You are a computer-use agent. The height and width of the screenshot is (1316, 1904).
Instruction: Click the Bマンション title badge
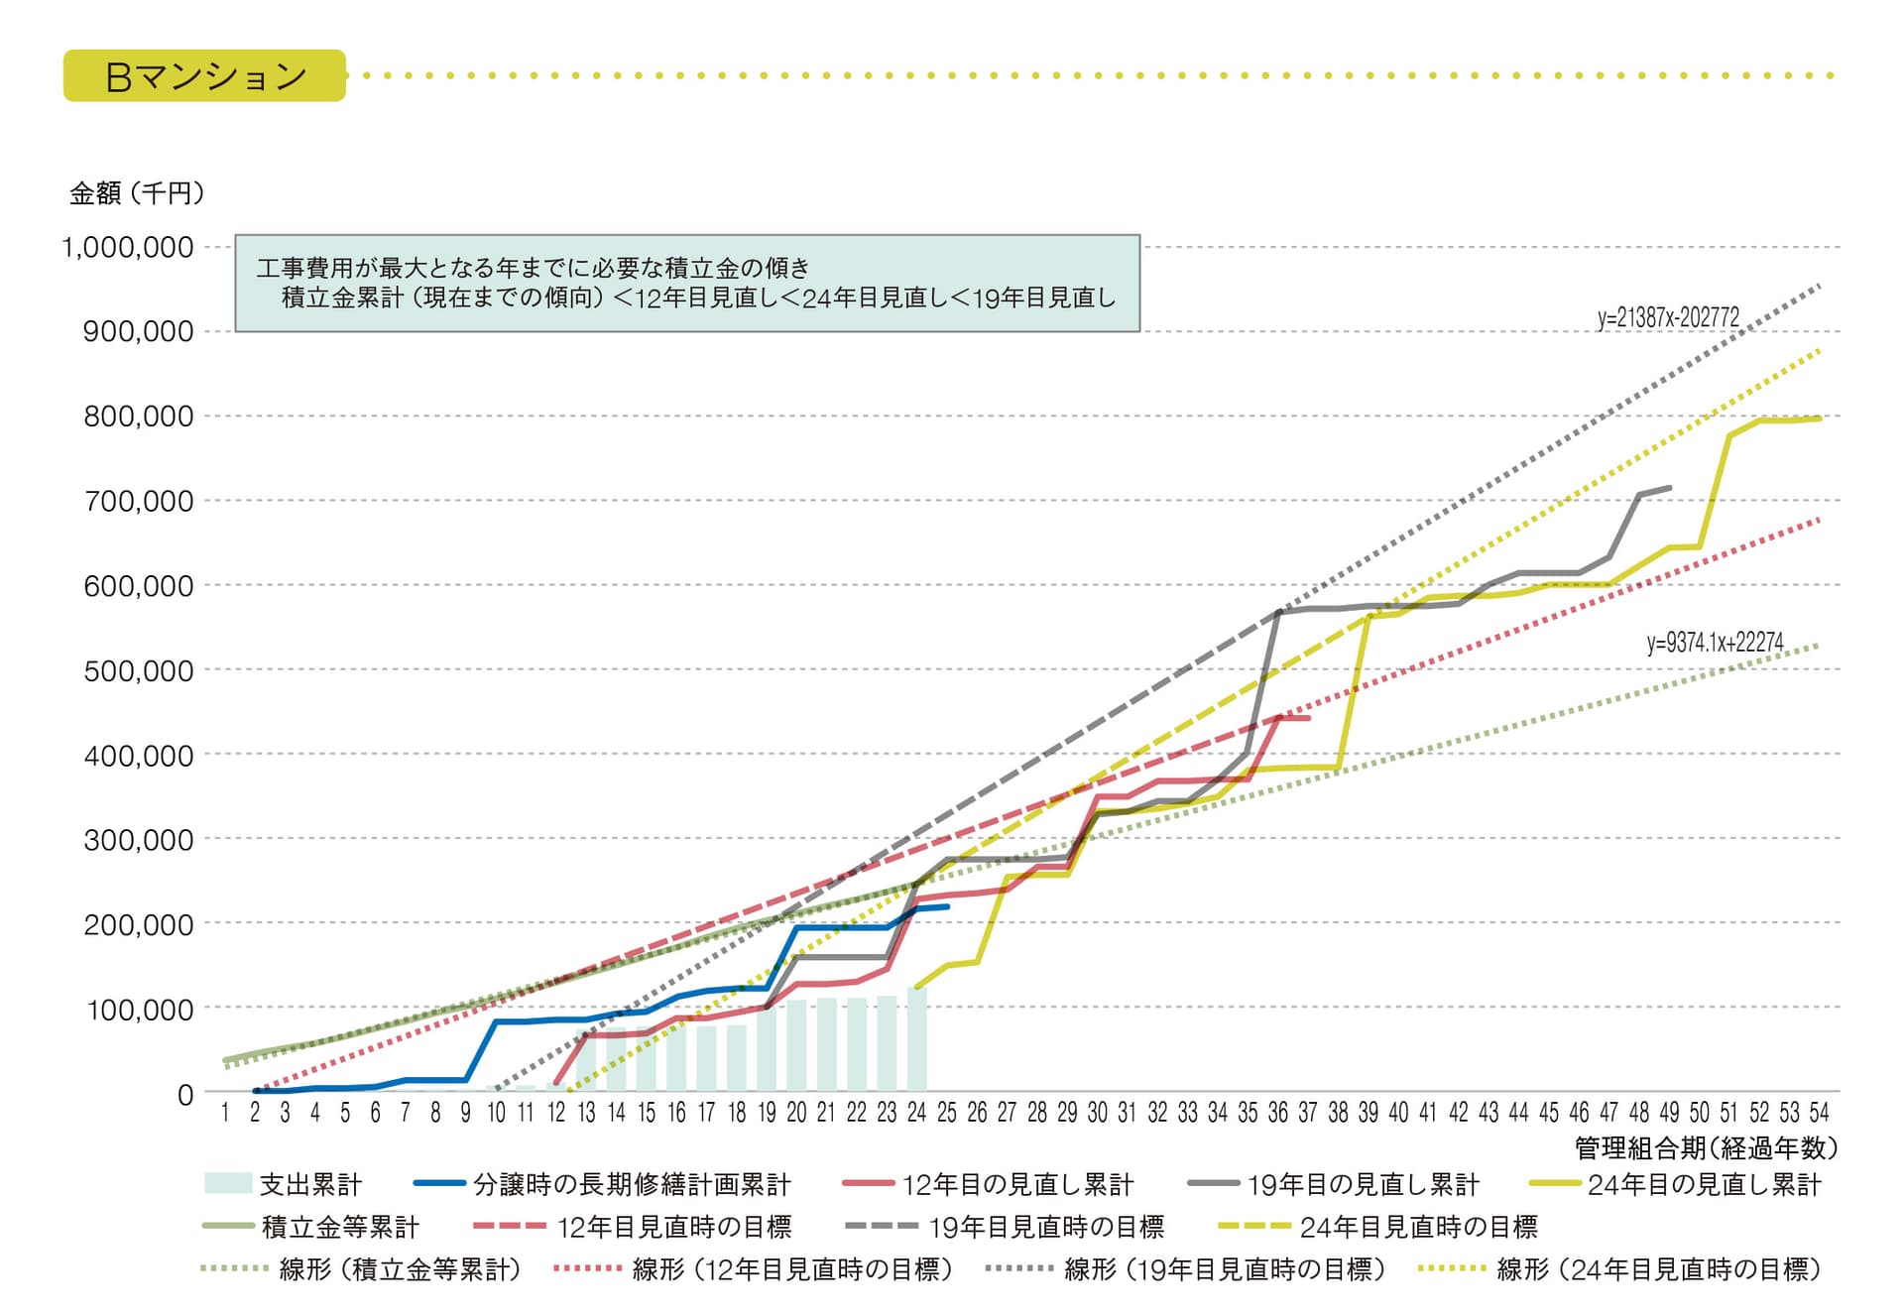click(204, 76)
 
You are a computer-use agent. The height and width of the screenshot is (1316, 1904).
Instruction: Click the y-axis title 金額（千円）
click(137, 193)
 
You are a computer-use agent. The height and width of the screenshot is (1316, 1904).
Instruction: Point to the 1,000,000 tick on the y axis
click(128, 247)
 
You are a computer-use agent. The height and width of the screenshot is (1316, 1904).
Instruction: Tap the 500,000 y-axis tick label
click(138, 670)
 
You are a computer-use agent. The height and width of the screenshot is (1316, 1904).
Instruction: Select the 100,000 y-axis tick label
click(138, 1010)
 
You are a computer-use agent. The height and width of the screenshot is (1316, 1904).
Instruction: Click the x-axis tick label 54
click(1819, 1113)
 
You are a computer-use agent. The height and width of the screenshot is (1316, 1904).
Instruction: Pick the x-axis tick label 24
click(916, 1113)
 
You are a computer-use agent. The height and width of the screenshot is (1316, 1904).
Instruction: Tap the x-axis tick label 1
click(225, 1113)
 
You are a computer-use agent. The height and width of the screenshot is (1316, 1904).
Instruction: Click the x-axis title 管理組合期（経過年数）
click(1706, 1148)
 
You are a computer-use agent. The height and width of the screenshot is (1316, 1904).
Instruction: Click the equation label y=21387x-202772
click(1668, 317)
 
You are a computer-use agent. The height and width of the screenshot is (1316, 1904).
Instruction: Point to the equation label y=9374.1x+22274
click(1715, 643)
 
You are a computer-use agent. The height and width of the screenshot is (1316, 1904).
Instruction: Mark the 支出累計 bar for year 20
click(796, 1046)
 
